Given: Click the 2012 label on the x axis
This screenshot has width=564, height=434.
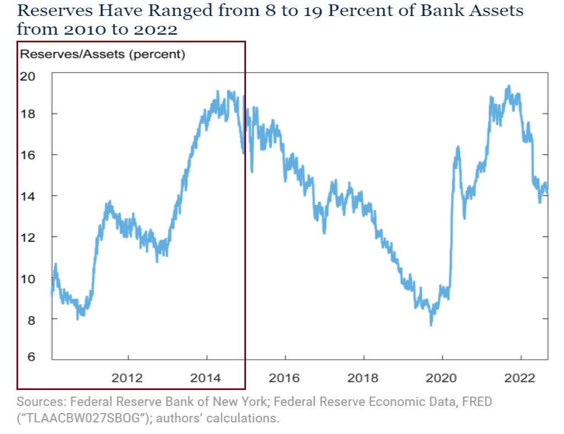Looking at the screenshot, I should [x=127, y=378].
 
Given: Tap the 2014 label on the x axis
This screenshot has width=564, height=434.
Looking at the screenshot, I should [x=206, y=378].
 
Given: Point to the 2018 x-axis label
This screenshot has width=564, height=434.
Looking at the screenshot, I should [x=364, y=378].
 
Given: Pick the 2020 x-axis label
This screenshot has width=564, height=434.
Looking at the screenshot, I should [x=442, y=378].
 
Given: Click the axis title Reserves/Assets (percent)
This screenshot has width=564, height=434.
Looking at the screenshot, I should [x=103, y=54].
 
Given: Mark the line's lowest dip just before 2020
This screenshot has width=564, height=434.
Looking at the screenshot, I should [x=431, y=325].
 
